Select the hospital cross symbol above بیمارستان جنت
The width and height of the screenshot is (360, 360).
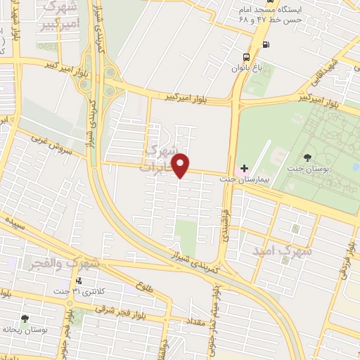point(244,168)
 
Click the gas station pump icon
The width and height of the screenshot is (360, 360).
point(265,46)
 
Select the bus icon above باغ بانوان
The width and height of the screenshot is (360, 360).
point(245,57)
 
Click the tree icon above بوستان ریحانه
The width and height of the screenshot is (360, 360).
point(25,319)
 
